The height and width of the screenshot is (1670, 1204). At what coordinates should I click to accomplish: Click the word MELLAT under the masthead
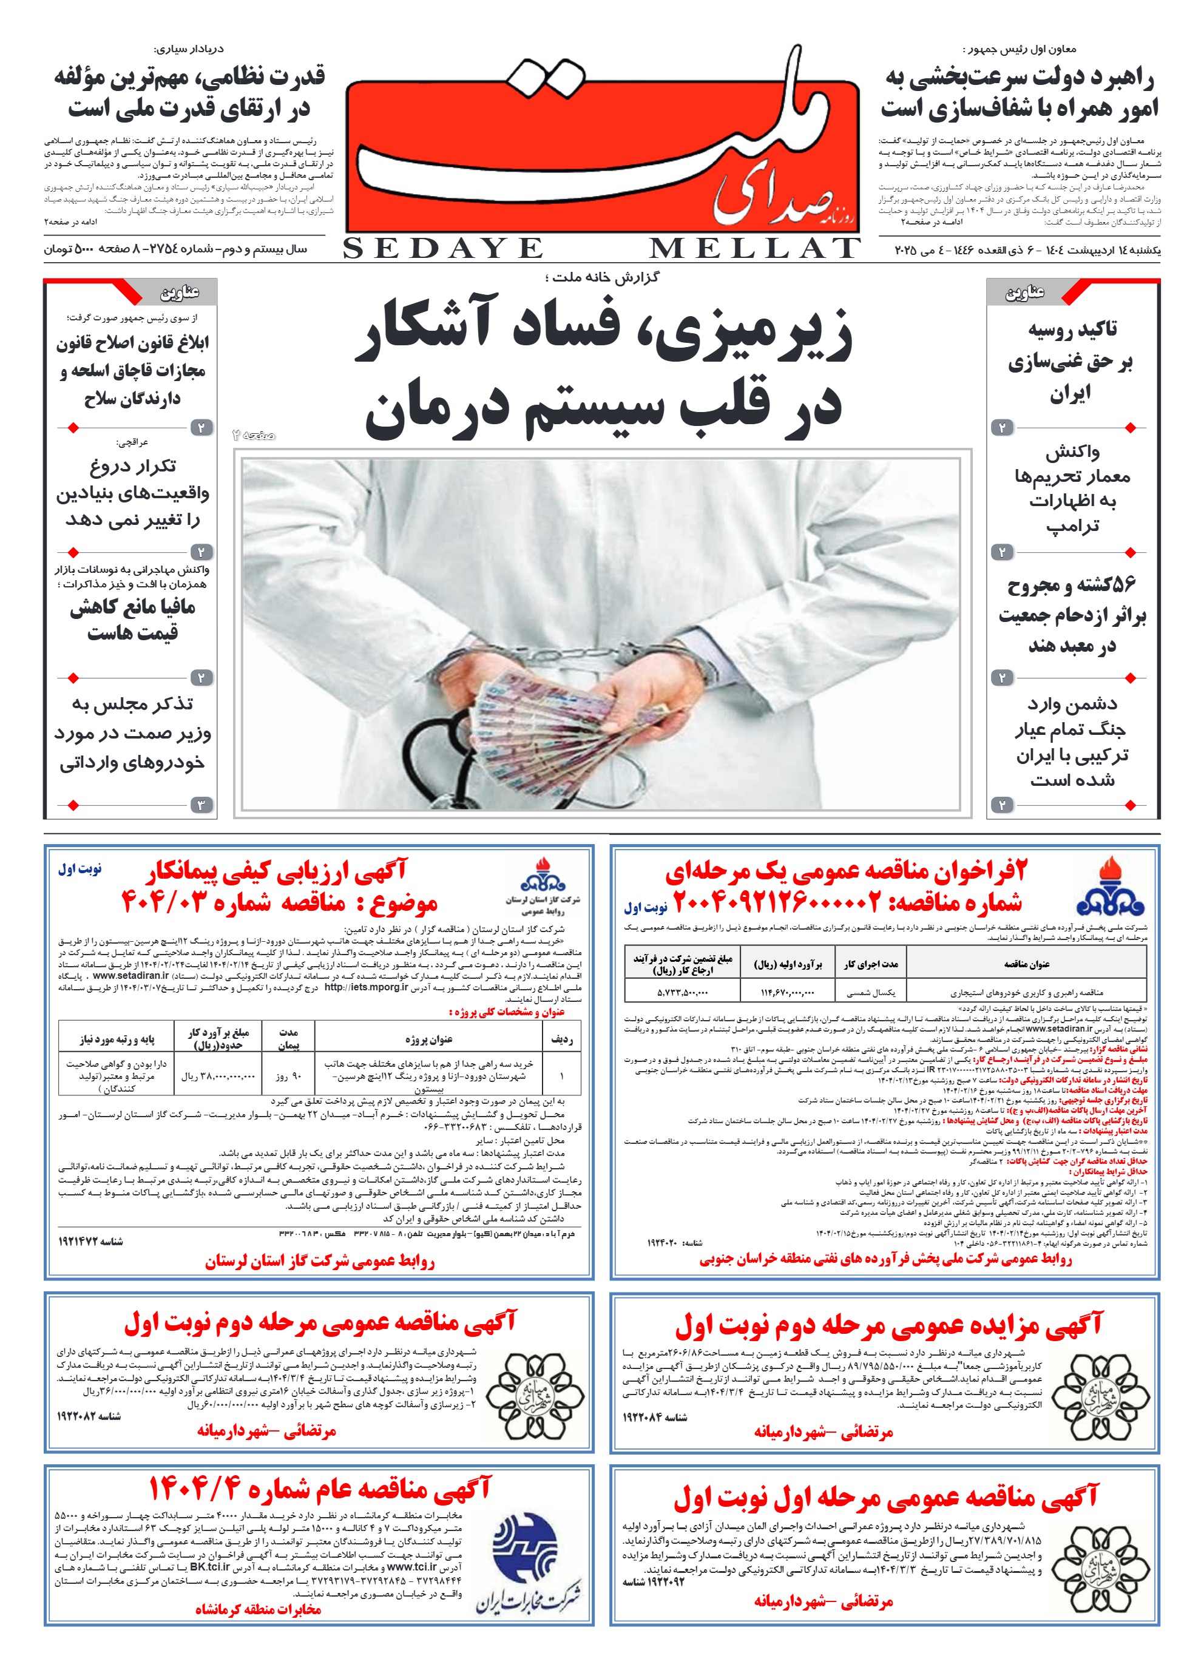(754, 249)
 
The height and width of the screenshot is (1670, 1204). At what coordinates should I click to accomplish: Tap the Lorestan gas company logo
(543, 876)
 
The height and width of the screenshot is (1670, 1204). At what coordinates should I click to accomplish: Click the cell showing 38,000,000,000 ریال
(218, 1076)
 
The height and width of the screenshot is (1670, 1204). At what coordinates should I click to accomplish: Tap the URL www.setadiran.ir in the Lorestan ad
(131, 976)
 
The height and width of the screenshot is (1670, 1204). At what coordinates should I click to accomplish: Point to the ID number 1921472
(90, 1242)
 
